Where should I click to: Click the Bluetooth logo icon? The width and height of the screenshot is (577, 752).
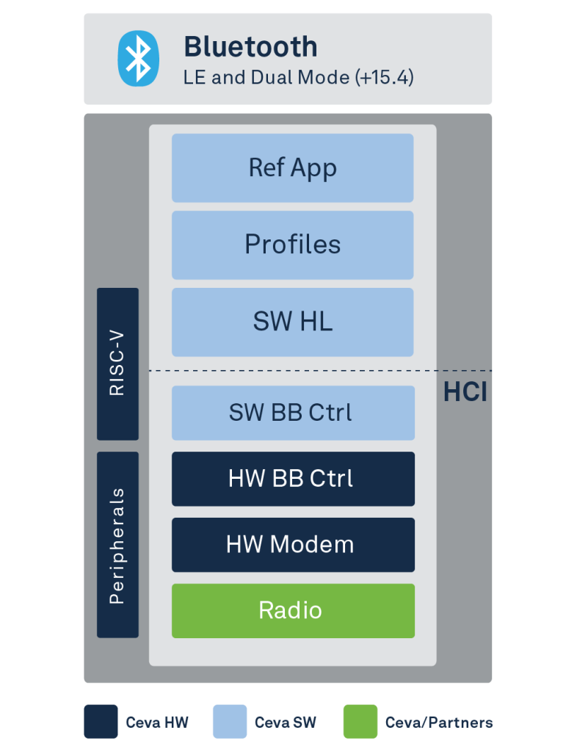[x=139, y=59]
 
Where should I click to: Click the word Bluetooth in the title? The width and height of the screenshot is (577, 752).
[x=250, y=47]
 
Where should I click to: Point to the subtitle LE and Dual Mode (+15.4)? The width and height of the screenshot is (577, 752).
[x=299, y=78]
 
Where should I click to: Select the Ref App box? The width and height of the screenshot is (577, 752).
[x=293, y=168]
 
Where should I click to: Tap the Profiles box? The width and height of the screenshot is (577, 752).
[x=293, y=245]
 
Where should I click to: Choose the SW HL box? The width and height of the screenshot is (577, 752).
[x=293, y=322]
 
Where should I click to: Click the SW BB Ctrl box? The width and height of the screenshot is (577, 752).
[x=294, y=413]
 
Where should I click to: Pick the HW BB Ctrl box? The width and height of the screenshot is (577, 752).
[x=294, y=479]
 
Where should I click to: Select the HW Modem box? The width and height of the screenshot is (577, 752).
[x=294, y=545]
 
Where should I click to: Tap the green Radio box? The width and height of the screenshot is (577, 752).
[x=294, y=610]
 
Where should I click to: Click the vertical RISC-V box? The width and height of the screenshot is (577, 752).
[x=118, y=364]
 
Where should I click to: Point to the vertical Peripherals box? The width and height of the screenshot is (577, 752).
[x=118, y=545]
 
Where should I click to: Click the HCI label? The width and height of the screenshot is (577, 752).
[x=465, y=392]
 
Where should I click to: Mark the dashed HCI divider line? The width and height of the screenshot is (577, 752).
[x=321, y=371]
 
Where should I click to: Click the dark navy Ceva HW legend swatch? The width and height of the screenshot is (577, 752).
[x=101, y=721]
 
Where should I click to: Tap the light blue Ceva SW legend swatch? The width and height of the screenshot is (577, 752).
[x=230, y=721]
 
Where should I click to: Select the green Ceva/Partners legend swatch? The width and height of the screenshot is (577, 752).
[x=360, y=721]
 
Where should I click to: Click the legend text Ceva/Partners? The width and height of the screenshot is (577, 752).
[x=439, y=723]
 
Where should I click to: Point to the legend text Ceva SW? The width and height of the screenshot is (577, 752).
[x=286, y=723]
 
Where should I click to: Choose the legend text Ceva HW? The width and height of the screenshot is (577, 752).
[x=157, y=723]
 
